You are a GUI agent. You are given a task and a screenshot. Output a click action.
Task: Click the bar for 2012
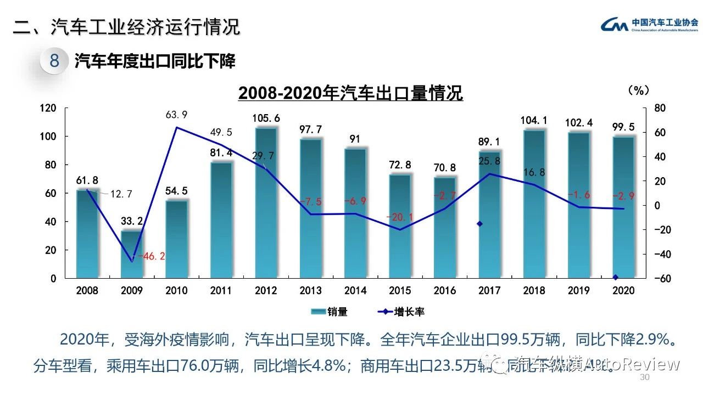266,203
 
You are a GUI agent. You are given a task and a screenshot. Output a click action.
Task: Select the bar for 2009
132,255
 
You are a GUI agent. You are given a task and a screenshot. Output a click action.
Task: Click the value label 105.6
266,118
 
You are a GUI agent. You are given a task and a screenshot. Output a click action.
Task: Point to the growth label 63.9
177,115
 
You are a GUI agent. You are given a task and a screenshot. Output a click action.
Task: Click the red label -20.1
399,217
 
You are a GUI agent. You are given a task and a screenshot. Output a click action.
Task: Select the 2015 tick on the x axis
400,290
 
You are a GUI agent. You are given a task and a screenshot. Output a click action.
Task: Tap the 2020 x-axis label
623,290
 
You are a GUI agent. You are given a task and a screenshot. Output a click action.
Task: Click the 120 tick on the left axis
49,108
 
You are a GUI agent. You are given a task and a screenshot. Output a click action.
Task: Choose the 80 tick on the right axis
660,108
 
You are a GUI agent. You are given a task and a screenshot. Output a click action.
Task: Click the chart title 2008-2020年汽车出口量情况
350,93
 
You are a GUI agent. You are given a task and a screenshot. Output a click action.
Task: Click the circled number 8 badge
54,60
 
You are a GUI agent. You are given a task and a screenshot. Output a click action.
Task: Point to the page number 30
645,379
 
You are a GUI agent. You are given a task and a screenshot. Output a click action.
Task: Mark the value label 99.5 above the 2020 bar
623,127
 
